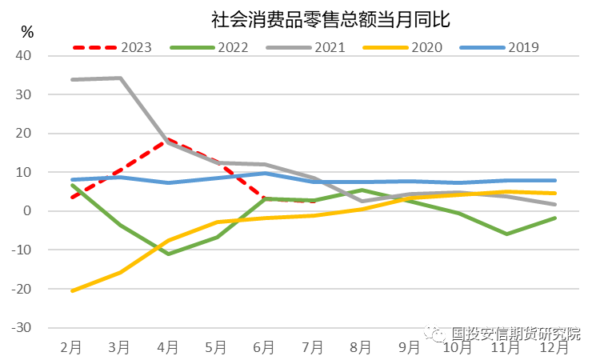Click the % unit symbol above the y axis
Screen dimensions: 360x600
tap(27, 33)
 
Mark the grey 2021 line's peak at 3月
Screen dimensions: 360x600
tap(120, 78)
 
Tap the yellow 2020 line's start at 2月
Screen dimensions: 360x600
tap(72, 290)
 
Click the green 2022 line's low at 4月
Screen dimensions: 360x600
tap(168, 254)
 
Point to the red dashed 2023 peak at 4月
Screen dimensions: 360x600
tap(168, 139)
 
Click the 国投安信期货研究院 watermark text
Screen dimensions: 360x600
tap(515, 334)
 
